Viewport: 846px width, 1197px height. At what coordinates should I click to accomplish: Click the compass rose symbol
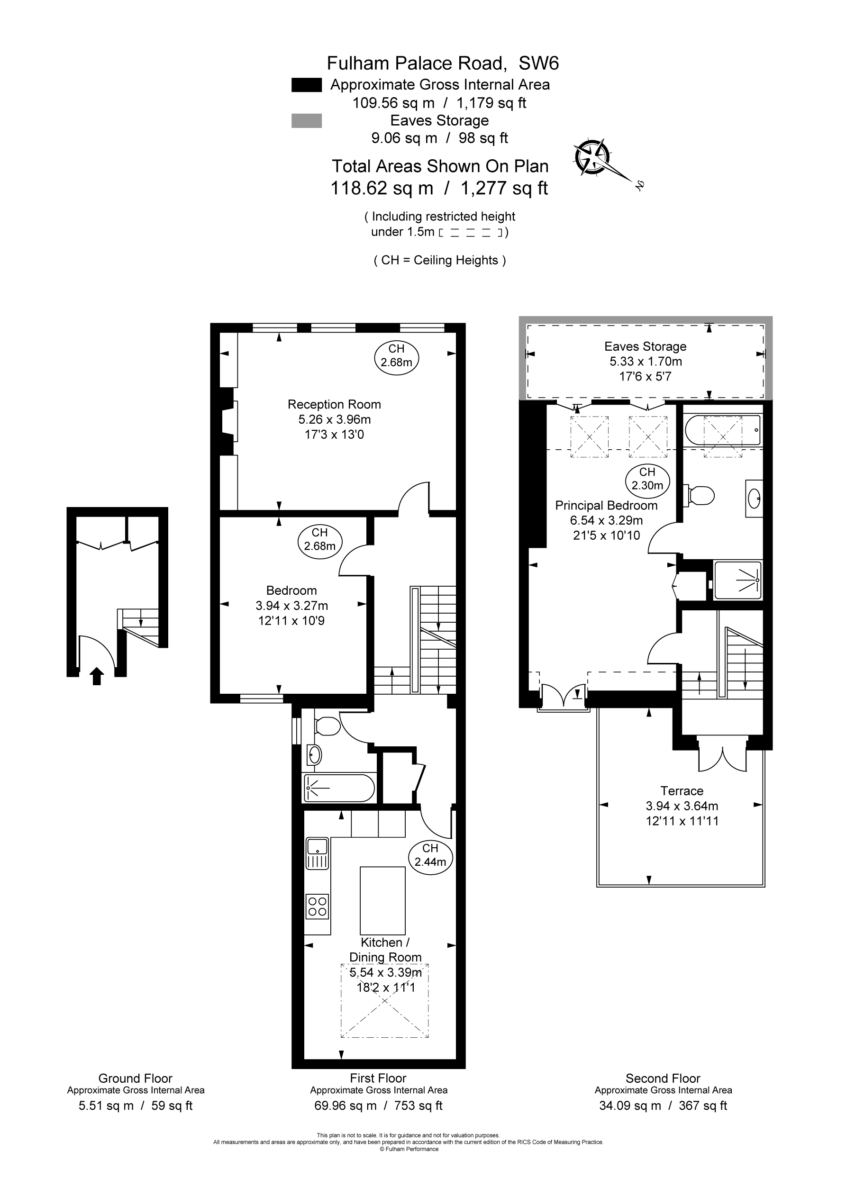pos(592,156)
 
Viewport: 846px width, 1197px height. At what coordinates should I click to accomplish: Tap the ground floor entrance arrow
pos(97,677)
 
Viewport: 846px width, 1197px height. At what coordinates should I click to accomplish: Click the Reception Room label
pos(334,404)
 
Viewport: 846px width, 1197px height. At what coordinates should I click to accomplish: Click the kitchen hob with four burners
pos(318,906)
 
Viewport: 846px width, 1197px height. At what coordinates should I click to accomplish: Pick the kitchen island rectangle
pos(382,900)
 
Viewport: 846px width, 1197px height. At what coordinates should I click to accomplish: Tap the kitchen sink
pos(317,847)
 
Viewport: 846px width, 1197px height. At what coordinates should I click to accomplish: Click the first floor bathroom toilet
pos(327,725)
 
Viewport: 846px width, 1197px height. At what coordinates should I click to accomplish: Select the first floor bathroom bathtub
pos(339,788)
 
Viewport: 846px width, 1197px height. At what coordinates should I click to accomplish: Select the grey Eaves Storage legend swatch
pos(306,120)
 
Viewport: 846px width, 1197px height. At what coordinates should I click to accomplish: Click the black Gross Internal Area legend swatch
pos(306,85)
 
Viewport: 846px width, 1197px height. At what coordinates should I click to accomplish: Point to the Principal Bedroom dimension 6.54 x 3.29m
pos(606,520)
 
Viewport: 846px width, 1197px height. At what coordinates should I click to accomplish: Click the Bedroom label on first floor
pos(291,590)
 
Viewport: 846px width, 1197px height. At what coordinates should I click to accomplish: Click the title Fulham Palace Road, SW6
pos(442,63)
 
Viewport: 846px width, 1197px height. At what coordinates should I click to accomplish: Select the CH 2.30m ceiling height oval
pos(647,479)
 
